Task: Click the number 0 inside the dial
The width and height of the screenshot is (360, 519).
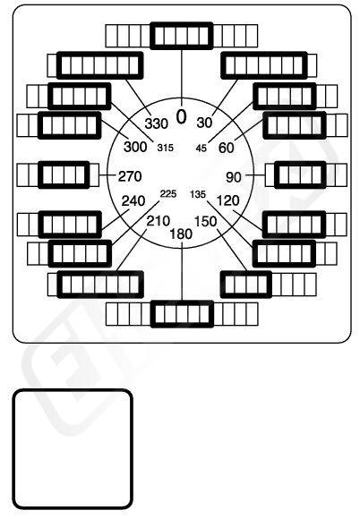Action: (181, 117)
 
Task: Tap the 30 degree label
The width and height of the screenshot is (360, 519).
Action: (204, 123)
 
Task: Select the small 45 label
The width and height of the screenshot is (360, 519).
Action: (201, 148)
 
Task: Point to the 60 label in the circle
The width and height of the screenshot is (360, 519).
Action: (227, 148)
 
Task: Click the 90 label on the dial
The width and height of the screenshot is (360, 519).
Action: (234, 177)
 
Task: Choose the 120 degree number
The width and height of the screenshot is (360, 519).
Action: (227, 200)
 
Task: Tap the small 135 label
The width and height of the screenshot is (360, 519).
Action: (198, 194)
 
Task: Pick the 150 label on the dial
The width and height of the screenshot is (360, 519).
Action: (205, 221)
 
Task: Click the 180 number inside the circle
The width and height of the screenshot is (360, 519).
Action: (181, 234)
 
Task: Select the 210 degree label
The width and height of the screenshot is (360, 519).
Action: (159, 221)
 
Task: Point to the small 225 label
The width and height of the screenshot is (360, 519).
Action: (168, 193)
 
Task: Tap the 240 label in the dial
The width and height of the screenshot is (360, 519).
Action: (133, 201)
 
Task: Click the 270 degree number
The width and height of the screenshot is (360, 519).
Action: (130, 176)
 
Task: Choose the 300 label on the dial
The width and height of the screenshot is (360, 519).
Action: (135, 147)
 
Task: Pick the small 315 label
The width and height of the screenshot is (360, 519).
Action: (165, 148)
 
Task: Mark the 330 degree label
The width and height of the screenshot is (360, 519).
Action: (157, 123)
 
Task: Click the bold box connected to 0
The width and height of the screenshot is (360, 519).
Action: (182, 36)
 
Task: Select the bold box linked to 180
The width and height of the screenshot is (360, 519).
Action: (182, 314)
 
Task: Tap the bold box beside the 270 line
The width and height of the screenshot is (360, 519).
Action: (64, 174)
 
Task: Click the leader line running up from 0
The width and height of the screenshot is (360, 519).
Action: (182, 73)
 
